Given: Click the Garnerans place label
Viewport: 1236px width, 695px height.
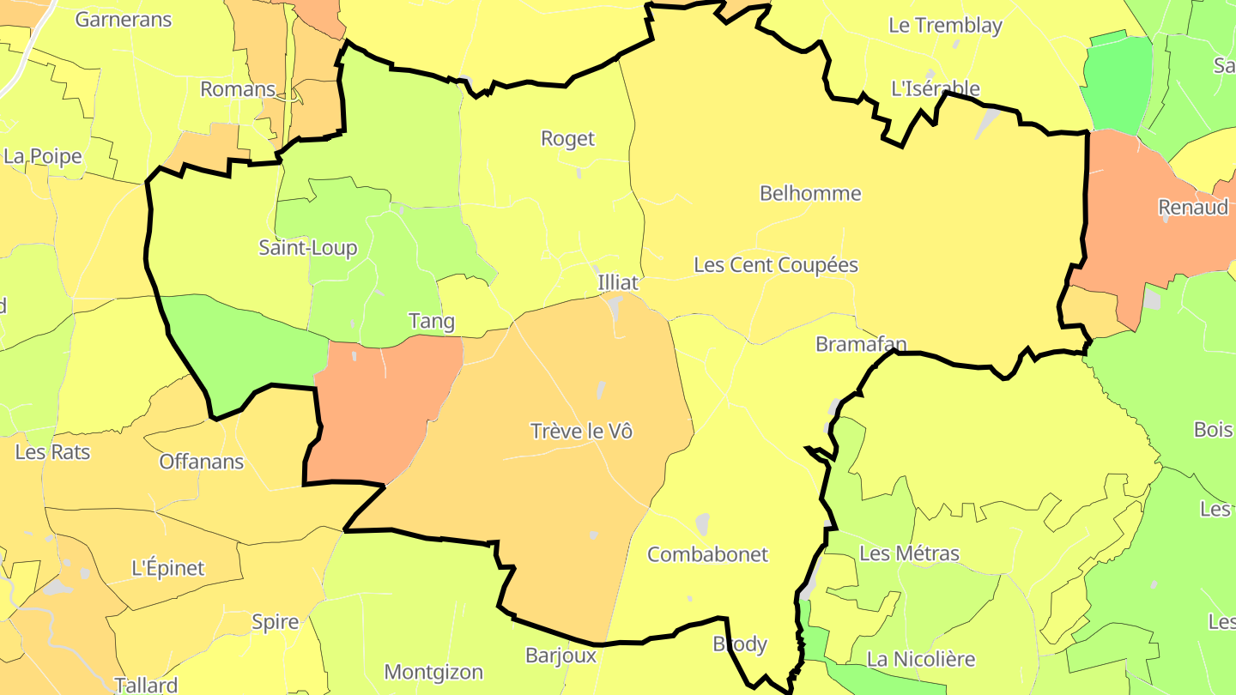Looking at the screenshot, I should point(124,19).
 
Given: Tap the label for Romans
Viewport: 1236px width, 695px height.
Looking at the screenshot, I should point(238,89).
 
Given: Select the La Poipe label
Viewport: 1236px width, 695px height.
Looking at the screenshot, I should point(43,156).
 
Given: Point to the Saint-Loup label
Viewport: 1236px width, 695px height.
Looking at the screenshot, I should point(308,248).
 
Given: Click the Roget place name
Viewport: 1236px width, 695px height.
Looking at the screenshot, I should point(567,138).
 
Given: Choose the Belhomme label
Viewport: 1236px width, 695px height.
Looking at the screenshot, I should point(810,193).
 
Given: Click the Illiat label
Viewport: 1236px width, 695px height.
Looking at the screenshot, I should point(618,282).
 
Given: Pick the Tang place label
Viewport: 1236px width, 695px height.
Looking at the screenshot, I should point(432,321).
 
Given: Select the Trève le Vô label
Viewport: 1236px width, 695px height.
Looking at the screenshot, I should point(581,431).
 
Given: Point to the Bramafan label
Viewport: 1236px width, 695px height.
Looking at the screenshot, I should point(861,344).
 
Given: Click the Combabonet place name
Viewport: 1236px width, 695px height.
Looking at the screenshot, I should point(707,554).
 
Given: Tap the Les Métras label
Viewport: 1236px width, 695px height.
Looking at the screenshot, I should point(909,553).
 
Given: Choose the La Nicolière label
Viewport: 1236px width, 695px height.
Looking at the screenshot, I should point(921,659).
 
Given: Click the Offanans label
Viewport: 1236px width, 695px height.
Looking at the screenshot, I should point(202,462).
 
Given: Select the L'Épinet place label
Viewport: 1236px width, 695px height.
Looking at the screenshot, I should point(168,568).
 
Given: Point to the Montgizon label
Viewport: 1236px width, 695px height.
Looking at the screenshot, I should point(433,672).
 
